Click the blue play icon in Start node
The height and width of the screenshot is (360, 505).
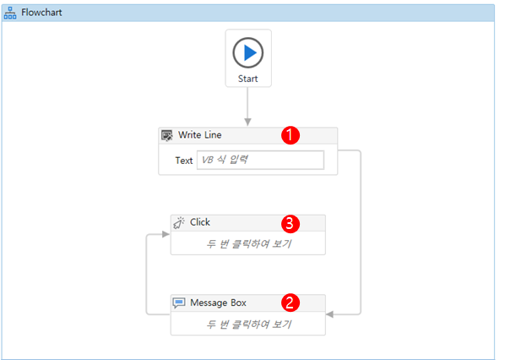(248, 52)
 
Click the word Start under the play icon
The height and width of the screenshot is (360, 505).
(248, 78)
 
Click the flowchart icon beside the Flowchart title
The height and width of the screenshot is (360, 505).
(11, 13)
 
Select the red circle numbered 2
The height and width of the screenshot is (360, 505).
(290, 303)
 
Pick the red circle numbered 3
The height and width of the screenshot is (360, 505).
(290, 224)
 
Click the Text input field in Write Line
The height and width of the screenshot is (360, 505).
(260, 160)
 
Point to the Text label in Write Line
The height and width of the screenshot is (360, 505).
(183, 160)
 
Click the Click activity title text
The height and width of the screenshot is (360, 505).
(200, 222)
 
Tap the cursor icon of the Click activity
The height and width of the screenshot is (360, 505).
(179, 222)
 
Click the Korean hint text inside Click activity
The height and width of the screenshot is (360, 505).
(248, 244)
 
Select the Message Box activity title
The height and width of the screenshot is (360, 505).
(218, 303)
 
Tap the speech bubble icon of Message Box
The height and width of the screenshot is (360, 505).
(179, 303)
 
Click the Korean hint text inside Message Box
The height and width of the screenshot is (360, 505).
(248, 324)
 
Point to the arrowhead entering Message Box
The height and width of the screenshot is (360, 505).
(330, 314)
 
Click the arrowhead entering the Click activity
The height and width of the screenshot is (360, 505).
(166, 234)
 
